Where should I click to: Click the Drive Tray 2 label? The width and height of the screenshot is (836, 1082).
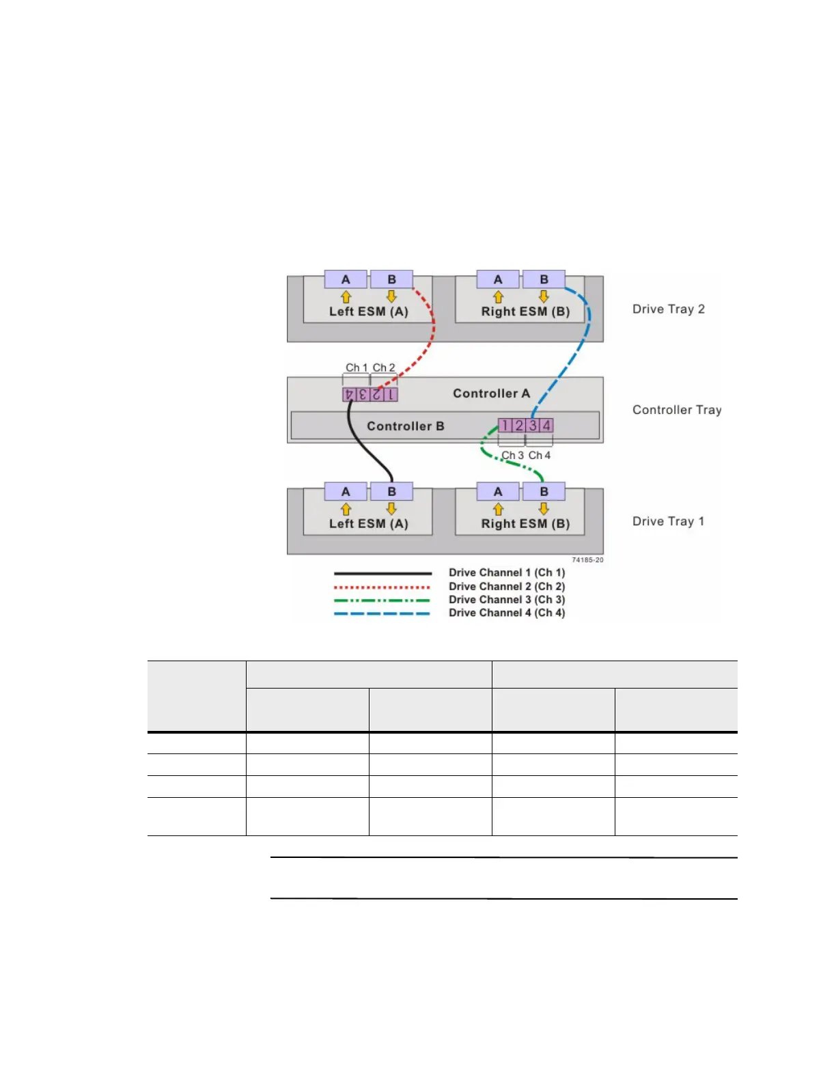pyautogui.click(x=668, y=309)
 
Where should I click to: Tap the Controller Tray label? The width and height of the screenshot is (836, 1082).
pyautogui.click(x=676, y=410)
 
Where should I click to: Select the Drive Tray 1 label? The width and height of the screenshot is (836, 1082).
pyautogui.click(x=668, y=522)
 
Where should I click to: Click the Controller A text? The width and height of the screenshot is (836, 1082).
pyautogui.click(x=491, y=393)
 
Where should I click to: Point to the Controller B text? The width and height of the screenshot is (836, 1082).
pyautogui.click(x=405, y=426)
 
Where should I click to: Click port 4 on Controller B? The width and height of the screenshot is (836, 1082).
pyautogui.click(x=546, y=426)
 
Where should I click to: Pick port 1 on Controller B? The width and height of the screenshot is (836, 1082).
pyautogui.click(x=505, y=426)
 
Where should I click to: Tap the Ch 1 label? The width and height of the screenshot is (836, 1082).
pyautogui.click(x=356, y=367)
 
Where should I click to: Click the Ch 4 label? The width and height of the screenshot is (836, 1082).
pyautogui.click(x=539, y=455)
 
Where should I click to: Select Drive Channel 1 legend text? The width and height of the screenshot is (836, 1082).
pyautogui.click(x=506, y=572)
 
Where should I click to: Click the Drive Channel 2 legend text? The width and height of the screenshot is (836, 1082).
pyautogui.click(x=506, y=586)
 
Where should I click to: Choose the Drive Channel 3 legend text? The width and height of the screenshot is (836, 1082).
pyautogui.click(x=506, y=600)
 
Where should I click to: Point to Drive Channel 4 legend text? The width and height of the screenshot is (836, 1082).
pyautogui.click(x=506, y=613)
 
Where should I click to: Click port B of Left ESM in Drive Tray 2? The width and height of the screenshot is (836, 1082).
pyautogui.click(x=391, y=279)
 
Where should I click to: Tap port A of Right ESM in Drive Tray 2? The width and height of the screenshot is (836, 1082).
pyautogui.click(x=498, y=279)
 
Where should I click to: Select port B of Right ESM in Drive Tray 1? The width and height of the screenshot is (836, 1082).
pyautogui.click(x=544, y=492)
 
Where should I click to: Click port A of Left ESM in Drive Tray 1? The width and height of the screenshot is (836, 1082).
pyautogui.click(x=346, y=492)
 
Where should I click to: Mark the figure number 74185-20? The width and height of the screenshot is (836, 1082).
pyautogui.click(x=587, y=560)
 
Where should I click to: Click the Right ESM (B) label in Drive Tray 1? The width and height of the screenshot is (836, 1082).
pyautogui.click(x=525, y=524)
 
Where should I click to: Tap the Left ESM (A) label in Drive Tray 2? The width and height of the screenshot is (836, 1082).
pyautogui.click(x=368, y=311)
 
